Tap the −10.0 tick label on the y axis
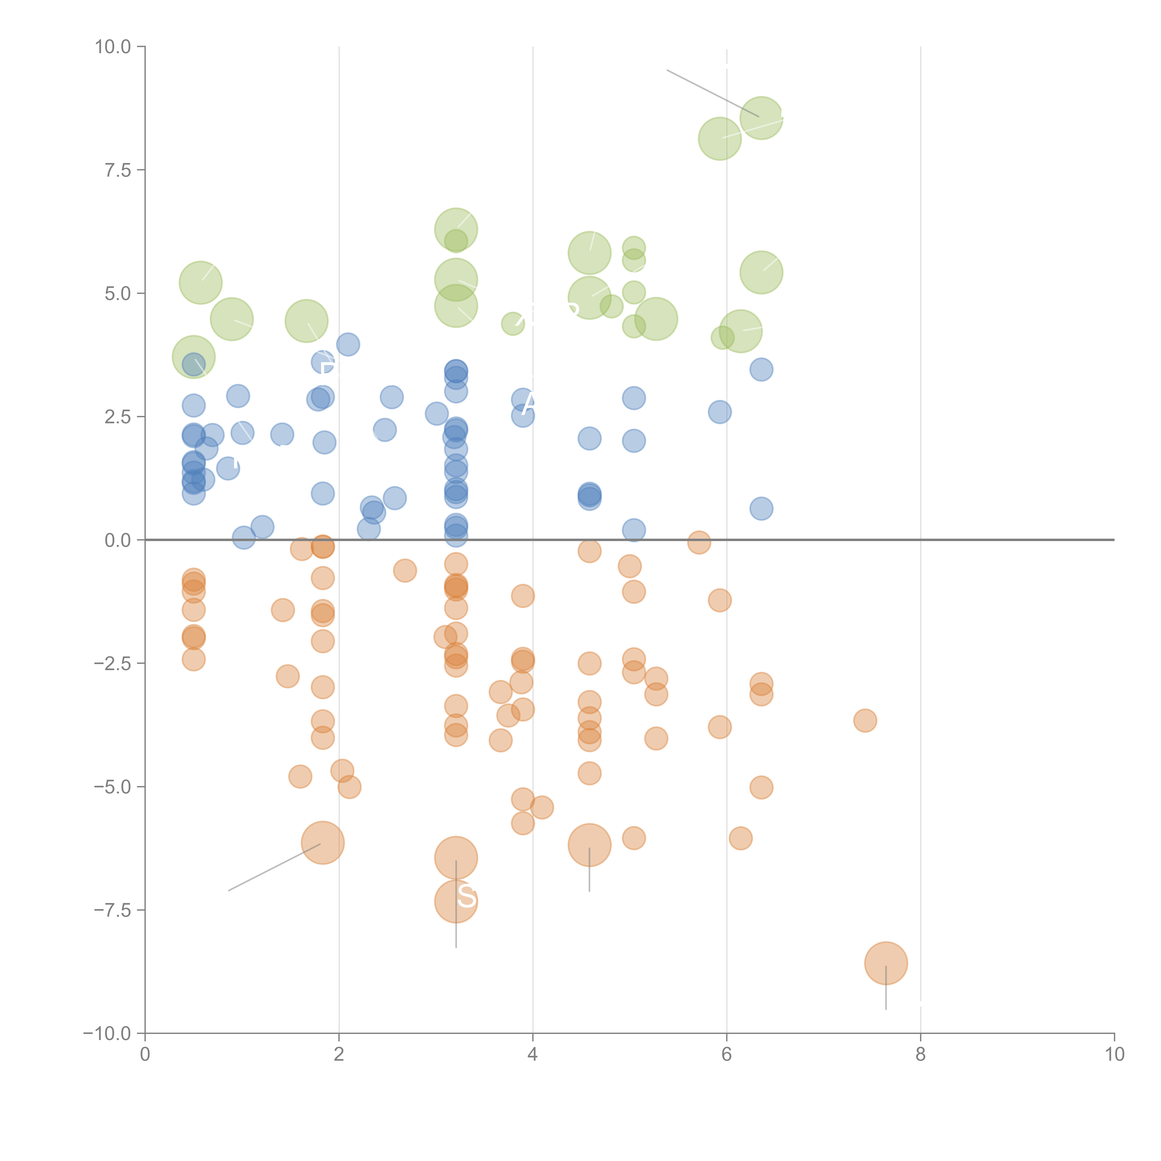tap(107, 1034)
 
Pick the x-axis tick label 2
tap(339, 1055)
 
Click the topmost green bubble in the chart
tap(761, 117)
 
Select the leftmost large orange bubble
tap(323, 842)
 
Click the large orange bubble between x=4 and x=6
tap(590, 845)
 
